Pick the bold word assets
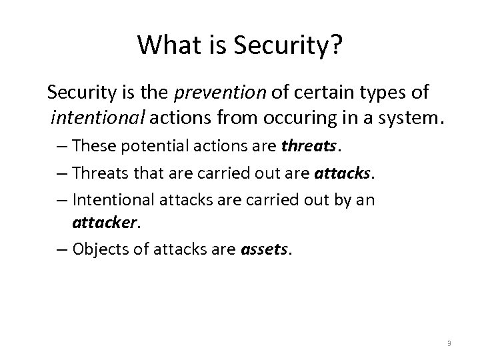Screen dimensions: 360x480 [265, 249]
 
